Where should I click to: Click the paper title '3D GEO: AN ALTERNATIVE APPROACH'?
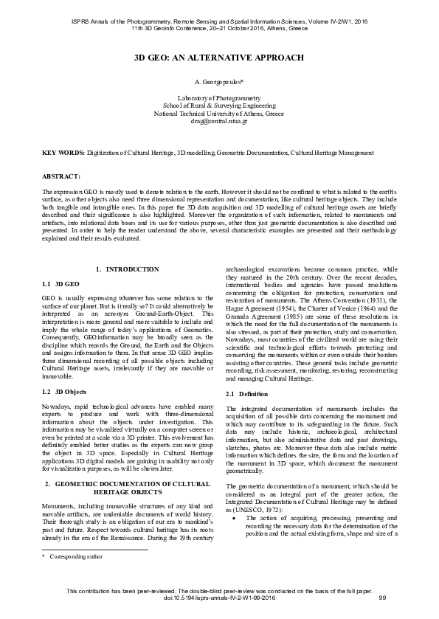219,57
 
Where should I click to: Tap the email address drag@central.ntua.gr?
219,121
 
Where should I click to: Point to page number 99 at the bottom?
382,606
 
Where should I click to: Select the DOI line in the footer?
218,606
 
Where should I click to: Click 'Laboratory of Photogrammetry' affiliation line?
219,97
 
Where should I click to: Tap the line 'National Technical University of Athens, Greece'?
219,114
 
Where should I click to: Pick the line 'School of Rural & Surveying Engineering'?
219,106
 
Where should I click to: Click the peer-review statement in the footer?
218,598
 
